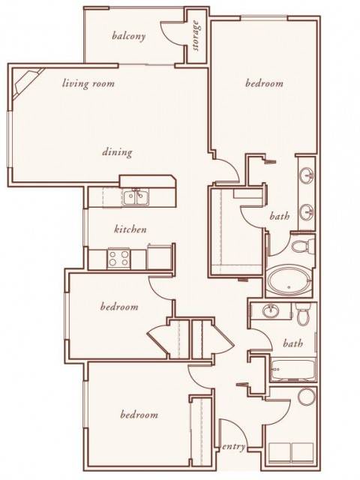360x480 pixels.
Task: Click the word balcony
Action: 128,36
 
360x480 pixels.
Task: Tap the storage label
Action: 196,35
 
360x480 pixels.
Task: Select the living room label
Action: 88,83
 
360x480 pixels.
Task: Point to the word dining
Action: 117,151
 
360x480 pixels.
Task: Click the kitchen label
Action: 130,229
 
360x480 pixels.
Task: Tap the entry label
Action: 233,447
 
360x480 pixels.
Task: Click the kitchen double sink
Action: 136,196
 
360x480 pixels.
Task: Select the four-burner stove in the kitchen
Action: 119,258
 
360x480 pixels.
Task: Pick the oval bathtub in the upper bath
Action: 289,281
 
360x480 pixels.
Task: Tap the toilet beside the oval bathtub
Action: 302,246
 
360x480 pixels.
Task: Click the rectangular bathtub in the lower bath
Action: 293,370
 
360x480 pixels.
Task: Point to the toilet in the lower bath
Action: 303,313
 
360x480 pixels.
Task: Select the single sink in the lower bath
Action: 271,311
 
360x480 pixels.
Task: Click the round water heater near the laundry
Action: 307,397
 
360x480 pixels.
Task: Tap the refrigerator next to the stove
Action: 159,256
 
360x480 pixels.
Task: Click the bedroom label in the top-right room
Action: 265,83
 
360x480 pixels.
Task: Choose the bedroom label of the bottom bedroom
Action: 139,415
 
